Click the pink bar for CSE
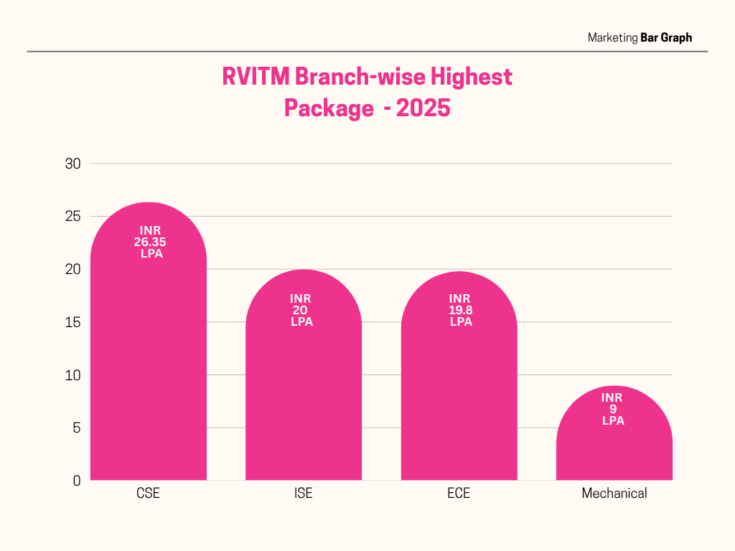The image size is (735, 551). tap(148, 359)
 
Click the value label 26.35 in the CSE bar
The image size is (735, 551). tap(150, 242)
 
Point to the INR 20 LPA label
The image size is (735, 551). tap(301, 310)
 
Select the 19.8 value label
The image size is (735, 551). tap(461, 310)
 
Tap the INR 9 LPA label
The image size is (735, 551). tap(612, 409)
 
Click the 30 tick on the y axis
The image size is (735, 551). tap(72, 164)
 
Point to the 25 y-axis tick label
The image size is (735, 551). tap(72, 217)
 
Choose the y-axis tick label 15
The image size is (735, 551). tap(72, 322)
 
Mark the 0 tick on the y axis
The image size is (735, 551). tap(76, 481)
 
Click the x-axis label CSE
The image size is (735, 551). tap(148, 494)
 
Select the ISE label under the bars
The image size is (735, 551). tap(304, 494)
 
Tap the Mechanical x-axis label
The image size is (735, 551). tap(614, 494)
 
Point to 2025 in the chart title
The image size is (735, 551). tap(423, 108)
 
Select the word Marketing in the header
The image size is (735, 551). tap(612, 37)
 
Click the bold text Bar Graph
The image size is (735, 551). tap(666, 37)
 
